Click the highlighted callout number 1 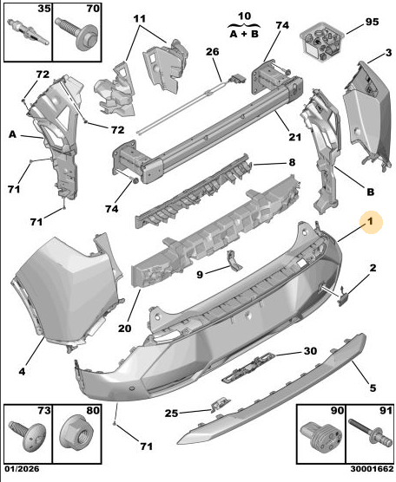pos(371,221)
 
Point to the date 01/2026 pos(22,469)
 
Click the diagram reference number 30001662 pos(372,469)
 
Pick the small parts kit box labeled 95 pos(322,41)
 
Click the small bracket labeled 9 pos(234,261)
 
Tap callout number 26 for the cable pos(212,52)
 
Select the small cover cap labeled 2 pos(343,296)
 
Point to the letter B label pos(371,192)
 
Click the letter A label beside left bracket pos(12,134)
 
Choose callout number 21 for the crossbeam pos(294,136)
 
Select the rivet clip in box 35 pos(28,32)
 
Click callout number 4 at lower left pos(22,371)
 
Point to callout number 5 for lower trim pos(373,388)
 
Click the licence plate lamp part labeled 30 pos(248,367)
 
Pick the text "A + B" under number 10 pos(244,34)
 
